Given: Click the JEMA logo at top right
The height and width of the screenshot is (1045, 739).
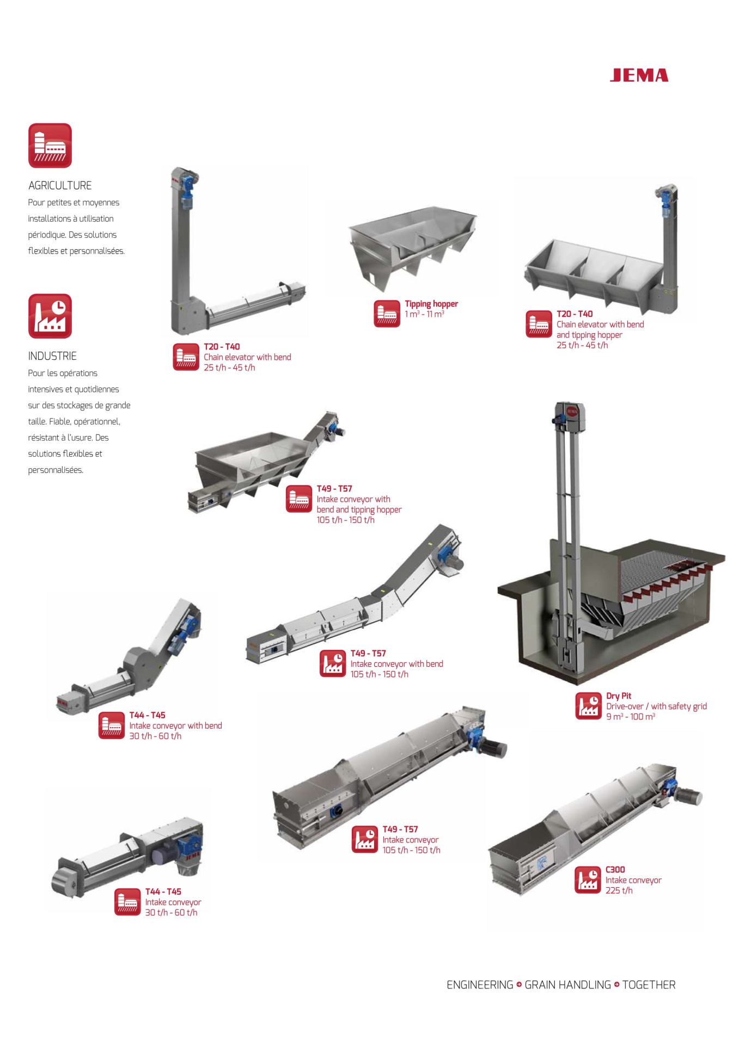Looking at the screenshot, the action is click(639, 75).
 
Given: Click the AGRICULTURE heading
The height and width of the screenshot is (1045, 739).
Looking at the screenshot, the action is click(60, 186).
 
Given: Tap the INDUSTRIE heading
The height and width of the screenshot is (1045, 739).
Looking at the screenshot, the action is click(52, 356).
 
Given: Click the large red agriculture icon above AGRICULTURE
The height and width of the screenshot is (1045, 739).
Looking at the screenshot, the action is click(50, 145).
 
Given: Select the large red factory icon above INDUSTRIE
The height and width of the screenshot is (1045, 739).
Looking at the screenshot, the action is click(50, 316).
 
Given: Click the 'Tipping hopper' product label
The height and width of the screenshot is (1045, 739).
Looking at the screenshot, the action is click(431, 304).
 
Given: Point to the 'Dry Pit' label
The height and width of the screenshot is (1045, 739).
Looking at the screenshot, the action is click(619, 696).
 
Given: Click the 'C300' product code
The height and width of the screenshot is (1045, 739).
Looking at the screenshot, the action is click(615, 870).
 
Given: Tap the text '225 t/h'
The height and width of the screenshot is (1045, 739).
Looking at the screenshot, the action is click(619, 890).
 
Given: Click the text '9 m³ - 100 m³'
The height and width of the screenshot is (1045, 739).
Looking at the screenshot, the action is click(631, 717).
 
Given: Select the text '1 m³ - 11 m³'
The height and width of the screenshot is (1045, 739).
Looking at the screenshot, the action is click(424, 314).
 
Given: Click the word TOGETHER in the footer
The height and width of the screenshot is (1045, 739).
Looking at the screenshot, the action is click(649, 985).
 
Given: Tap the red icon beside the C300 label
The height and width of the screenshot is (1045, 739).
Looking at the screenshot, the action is click(588, 880).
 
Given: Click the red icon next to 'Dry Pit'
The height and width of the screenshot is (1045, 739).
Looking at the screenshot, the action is click(589, 706).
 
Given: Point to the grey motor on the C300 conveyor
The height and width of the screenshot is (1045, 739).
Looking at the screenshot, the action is click(689, 796).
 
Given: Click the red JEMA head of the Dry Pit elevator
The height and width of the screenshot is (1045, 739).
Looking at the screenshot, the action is click(570, 412).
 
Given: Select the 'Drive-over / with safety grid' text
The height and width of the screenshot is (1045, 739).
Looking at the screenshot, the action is click(657, 706).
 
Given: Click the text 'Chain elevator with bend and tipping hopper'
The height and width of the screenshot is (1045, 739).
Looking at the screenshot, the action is click(600, 330).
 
